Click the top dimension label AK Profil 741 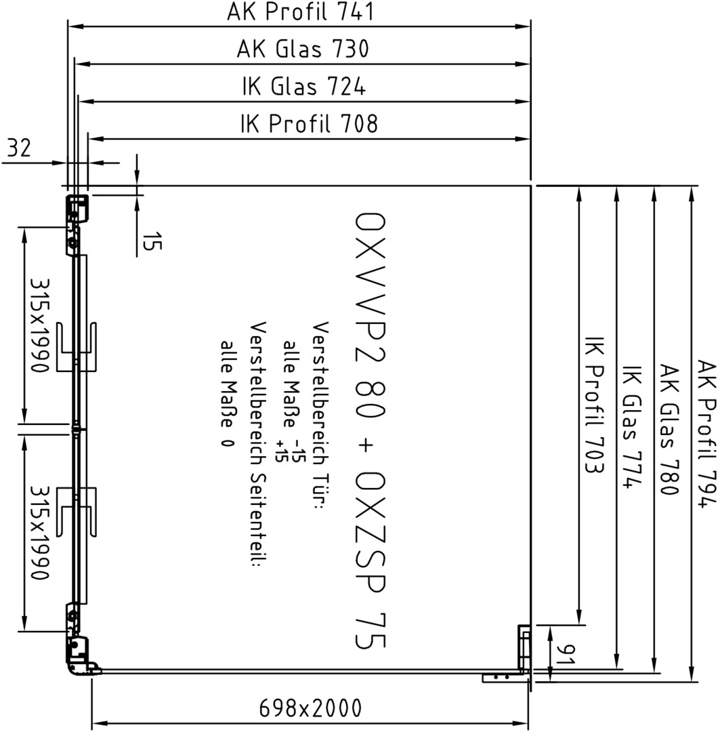301,12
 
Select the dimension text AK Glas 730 303,49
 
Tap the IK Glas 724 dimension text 303,86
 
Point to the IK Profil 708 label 309,124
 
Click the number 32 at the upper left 19,148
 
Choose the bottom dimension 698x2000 310,708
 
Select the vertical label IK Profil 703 595,405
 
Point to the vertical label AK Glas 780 669,430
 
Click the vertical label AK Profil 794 706,432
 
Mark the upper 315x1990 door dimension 40,325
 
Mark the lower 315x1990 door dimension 40,533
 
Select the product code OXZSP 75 371,561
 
